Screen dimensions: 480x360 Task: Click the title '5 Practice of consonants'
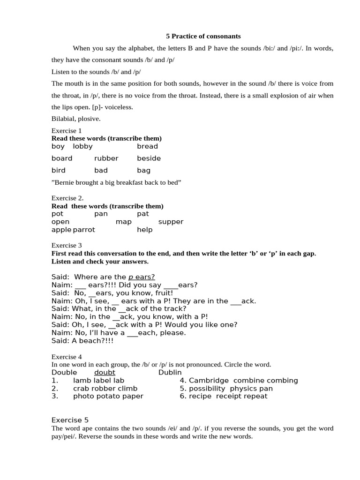pos(203,36)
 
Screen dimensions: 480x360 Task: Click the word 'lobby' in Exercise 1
pos(83,146)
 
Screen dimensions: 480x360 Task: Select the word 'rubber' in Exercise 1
pos(106,158)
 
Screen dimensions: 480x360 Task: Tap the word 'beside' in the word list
pos(149,158)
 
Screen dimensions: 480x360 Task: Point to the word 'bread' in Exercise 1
pos(147,146)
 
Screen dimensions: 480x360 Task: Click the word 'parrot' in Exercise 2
pos(84,230)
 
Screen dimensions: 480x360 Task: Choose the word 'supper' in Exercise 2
pos(171,222)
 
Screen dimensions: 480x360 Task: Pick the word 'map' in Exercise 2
pos(124,222)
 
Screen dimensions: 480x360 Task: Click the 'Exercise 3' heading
pos(67,245)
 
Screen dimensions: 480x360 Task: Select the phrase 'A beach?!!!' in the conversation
pos(93,341)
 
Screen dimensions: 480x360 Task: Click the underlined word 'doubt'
pos(105,373)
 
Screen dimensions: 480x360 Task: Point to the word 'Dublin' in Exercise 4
pos(170,373)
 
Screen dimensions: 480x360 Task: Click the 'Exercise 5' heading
pos(70,420)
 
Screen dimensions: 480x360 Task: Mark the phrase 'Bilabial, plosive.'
pos(76,119)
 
